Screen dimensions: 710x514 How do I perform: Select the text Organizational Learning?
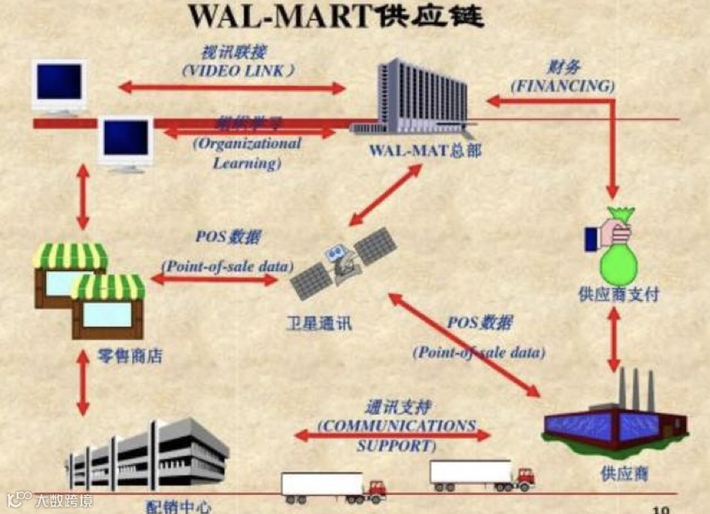coord(247,152)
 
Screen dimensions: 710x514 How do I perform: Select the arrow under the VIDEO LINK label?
coord(232,87)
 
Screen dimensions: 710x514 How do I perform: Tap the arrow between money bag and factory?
coord(614,341)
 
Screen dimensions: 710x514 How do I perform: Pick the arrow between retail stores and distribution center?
coord(82,383)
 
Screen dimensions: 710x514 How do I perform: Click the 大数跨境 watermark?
coord(49,500)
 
